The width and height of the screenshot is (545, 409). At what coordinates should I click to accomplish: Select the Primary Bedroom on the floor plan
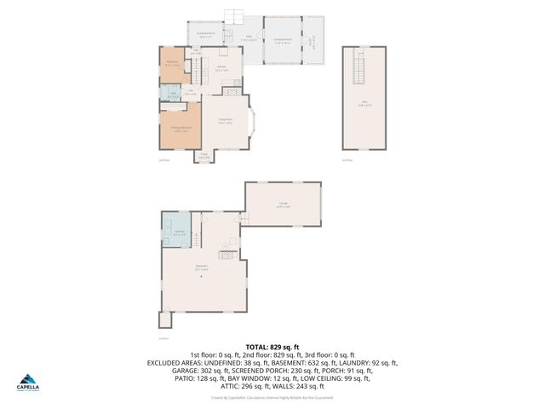click(x=180, y=130)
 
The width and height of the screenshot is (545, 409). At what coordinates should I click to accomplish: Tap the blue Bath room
click(x=172, y=95)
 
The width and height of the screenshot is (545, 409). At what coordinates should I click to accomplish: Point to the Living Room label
click(x=226, y=121)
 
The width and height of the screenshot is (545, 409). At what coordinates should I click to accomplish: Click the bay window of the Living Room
click(x=251, y=121)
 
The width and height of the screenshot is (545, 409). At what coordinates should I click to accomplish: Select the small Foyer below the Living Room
click(x=204, y=155)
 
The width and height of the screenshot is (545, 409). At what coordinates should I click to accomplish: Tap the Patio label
click(x=248, y=37)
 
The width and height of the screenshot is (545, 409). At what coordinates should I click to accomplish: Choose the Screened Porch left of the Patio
click(x=205, y=36)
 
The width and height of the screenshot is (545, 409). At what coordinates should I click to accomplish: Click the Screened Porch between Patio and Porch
click(x=283, y=38)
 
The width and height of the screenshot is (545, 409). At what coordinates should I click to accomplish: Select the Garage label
click(x=283, y=204)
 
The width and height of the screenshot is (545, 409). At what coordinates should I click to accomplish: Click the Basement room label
click(x=201, y=268)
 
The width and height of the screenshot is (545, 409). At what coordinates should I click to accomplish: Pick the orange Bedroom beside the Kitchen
click(x=173, y=65)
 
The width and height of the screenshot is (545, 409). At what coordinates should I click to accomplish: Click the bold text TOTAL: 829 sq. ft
click(x=272, y=347)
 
